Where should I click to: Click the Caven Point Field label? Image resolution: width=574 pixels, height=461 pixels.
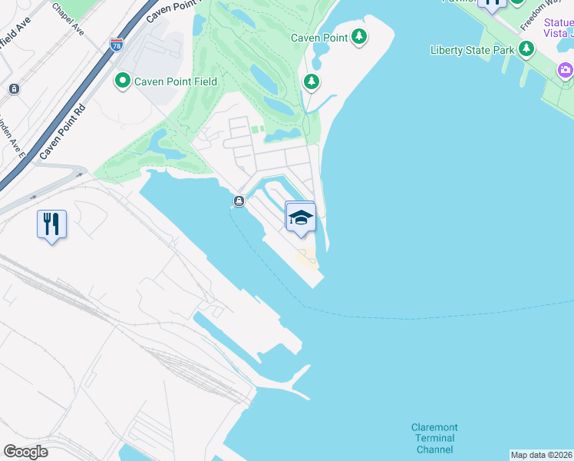click(176, 81)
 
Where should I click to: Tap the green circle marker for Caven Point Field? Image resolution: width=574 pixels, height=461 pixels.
click(122, 81)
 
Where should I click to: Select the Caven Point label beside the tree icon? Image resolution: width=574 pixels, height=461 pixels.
click(319, 37)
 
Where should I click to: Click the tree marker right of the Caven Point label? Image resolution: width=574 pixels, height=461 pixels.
click(359, 36)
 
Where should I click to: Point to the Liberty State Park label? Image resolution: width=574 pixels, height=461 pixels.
click(473, 51)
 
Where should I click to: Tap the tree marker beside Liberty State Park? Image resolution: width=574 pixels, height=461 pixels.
click(526, 50)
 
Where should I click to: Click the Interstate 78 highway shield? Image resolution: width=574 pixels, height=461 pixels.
click(117, 45)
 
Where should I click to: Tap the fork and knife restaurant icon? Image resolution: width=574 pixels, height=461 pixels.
click(51, 224)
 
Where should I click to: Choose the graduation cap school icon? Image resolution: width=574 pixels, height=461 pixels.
click(301, 217)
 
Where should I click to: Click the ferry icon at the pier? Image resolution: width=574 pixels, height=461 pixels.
click(239, 202)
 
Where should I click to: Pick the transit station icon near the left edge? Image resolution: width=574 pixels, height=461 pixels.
click(13, 89)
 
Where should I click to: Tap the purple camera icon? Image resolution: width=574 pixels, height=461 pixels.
click(566, 71)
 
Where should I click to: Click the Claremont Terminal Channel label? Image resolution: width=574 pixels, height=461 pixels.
click(434, 438)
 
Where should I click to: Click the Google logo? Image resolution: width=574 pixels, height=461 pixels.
click(25, 452)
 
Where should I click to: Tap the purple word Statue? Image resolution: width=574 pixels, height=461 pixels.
click(556, 20)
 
